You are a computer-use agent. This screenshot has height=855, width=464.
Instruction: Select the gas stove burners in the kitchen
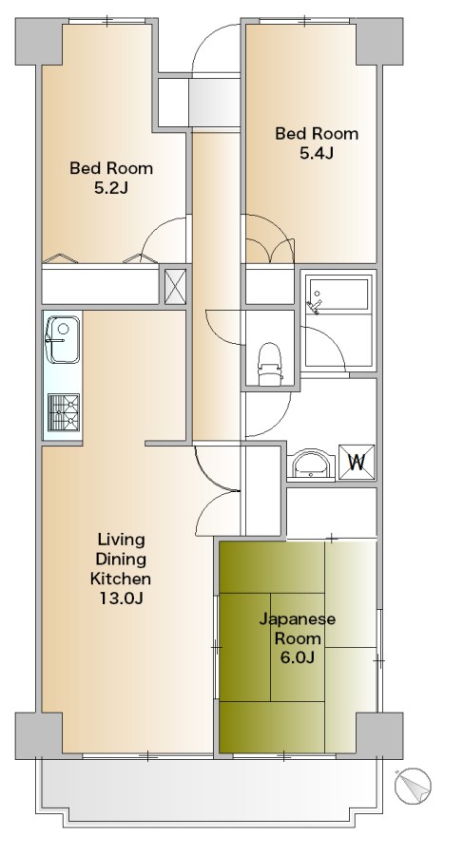click(64, 413)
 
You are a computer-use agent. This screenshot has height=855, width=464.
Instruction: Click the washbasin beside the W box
click(311, 465)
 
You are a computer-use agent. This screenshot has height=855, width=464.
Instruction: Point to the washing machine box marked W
click(358, 463)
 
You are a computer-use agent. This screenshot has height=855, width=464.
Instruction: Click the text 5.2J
click(111, 187)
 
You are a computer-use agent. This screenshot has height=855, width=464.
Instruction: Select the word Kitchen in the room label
click(120, 579)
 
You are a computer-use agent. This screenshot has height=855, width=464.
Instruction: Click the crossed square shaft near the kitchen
click(175, 287)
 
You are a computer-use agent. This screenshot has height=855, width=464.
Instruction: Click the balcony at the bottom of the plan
click(214, 788)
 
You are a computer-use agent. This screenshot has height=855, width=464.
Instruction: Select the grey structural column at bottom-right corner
click(380, 733)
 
